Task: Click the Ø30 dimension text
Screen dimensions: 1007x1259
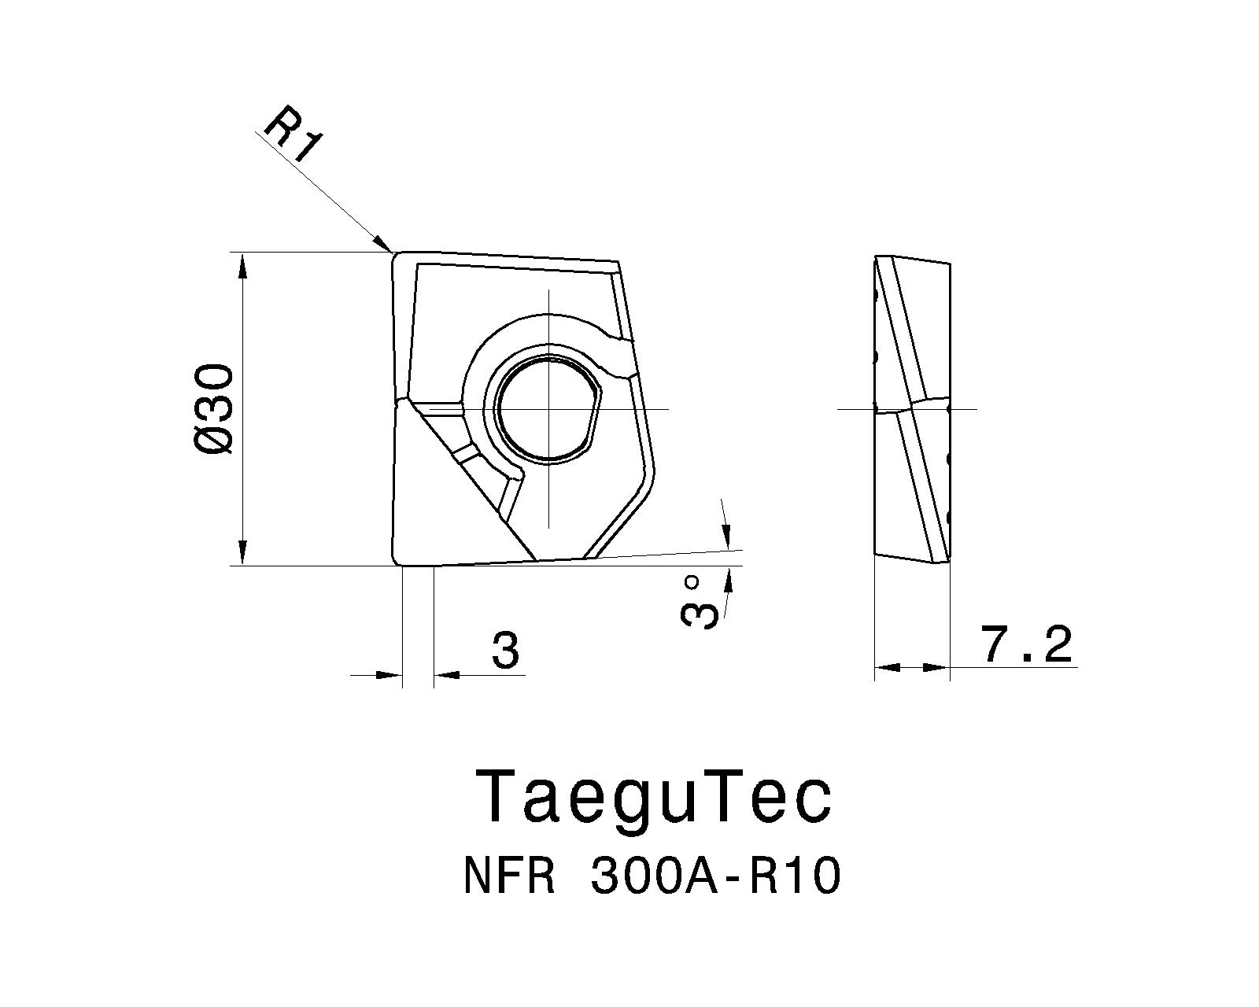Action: pos(215,409)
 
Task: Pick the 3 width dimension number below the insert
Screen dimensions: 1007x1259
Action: pos(505,651)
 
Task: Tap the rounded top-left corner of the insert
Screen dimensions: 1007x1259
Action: pos(396,256)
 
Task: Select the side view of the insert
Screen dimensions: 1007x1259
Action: pos(913,409)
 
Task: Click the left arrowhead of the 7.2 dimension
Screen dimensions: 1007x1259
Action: pos(887,667)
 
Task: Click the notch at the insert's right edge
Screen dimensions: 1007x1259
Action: pos(618,358)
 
